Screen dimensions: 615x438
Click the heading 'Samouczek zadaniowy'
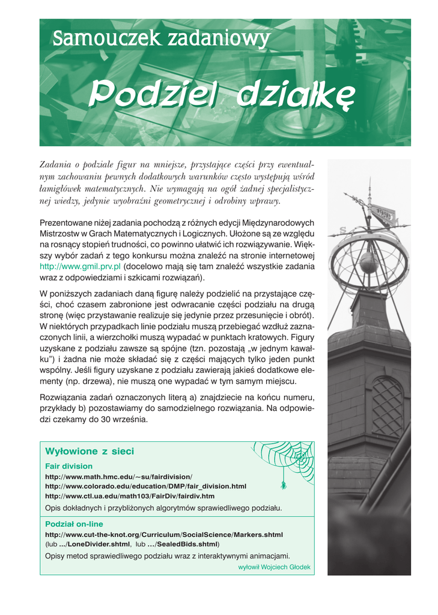pyautogui.click(x=160, y=40)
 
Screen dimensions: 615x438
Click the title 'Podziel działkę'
pyautogui.click(x=222, y=94)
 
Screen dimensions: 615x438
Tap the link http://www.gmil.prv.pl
pyautogui.click(x=80, y=265)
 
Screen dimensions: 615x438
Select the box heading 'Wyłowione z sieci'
pyautogui.click(x=90, y=451)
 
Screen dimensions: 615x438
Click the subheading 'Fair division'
pyautogui.click(x=69, y=466)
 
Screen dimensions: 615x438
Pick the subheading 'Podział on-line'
pyautogui.click(x=74, y=524)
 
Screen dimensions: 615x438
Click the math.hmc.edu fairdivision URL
pyautogui.click(x=118, y=476)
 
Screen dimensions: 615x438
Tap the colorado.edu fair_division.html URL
pyautogui.click(x=145, y=486)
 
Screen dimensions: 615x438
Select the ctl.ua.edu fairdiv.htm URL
pyautogui.click(x=130, y=496)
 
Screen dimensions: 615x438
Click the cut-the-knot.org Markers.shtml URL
pyautogui.click(x=164, y=534)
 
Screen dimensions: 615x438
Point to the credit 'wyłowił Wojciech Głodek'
pyautogui.click(x=274, y=566)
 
